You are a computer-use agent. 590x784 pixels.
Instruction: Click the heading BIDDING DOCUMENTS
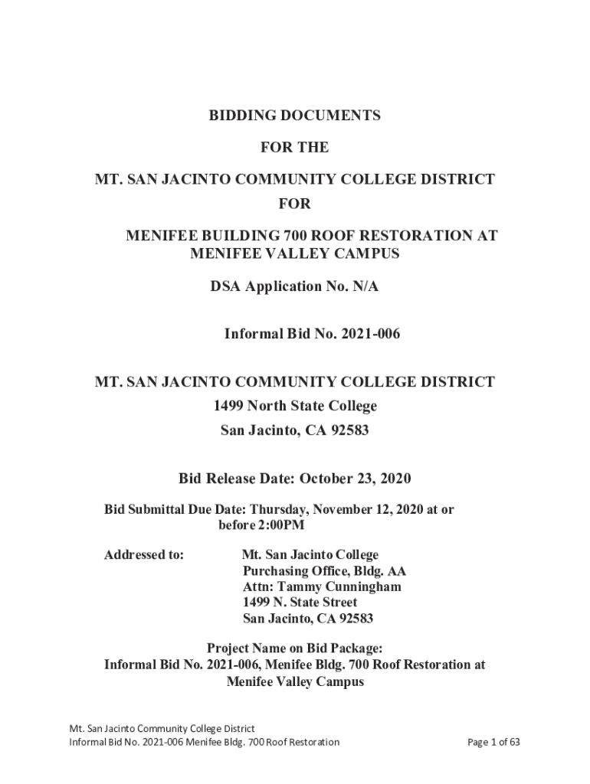tap(294, 116)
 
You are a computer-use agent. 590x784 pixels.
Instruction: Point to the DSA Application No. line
tap(294, 286)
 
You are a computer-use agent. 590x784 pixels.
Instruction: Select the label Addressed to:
tap(143, 555)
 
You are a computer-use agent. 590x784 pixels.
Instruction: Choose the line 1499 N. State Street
tap(300, 603)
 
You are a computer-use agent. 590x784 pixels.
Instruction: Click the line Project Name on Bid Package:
tap(294, 648)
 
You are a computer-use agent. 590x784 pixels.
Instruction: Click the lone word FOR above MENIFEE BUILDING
tap(294, 204)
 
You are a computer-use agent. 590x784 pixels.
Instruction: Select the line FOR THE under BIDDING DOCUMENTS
tap(294, 147)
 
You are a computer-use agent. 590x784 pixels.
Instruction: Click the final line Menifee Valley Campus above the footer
tap(295, 681)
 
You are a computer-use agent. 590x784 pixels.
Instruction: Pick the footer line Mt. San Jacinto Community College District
tap(162, 728)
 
